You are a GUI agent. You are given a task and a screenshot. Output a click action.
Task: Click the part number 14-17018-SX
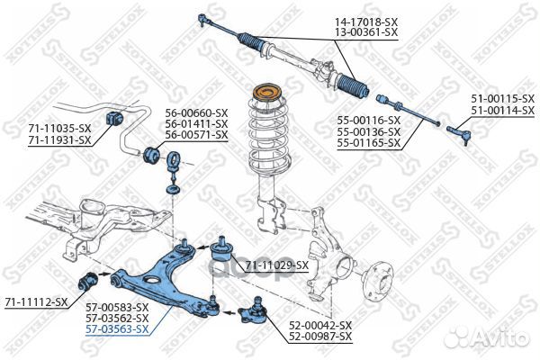(366, 22)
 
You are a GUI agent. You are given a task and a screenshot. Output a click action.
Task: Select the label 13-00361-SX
(366, 32)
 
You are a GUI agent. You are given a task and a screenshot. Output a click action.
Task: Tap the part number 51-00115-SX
(503, 99)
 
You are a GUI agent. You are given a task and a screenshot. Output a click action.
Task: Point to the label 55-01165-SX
(368, 142)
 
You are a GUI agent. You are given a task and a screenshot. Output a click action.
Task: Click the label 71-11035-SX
(59, 129)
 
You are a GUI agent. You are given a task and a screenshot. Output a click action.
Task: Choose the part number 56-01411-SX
(196, 123)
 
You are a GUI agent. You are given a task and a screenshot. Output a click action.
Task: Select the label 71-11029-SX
(277, 265)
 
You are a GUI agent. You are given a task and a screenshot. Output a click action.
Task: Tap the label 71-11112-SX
(37, 302)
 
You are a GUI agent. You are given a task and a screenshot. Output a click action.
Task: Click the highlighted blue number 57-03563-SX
(117, 329)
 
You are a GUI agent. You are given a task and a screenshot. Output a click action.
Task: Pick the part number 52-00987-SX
(320, 336)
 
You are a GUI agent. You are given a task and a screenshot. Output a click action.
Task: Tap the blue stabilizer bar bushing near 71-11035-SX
(114, 116)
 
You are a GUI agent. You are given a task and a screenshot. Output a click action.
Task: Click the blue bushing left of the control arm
(87, 281)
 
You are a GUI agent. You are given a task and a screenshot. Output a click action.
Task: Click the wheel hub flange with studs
(380, 281)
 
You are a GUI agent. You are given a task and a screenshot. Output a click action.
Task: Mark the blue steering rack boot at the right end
(353, 86)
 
